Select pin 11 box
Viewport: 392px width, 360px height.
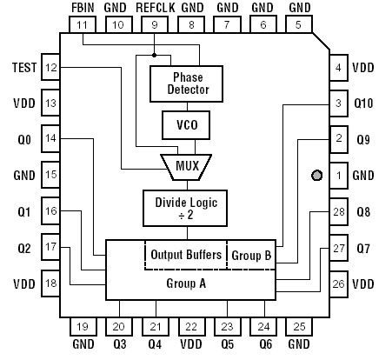tap(83, 26)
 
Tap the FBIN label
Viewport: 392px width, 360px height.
tap(83, 7)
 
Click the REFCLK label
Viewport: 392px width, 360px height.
tap(154, 7)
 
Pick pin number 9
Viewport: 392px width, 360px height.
tap(154, 26)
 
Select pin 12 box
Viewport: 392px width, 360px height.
tap(50, 67)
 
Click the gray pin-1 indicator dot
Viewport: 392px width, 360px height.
tap(317, 175)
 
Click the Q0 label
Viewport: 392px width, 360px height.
tap(23, 137)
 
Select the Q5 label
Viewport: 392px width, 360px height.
tap(227, 344)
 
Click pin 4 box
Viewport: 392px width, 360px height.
tap(339, 67)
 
